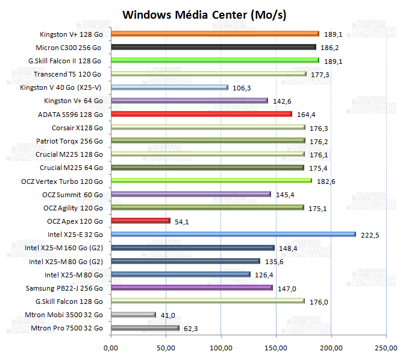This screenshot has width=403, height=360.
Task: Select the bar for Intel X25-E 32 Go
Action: [233, 234]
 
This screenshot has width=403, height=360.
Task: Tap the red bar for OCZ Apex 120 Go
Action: [140, 221]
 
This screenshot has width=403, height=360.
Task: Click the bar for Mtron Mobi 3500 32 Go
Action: [133, 314]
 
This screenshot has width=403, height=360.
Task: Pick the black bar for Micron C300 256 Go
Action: [213, 47]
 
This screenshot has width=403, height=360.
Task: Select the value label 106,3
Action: [241, 88]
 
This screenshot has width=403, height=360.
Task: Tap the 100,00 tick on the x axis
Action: [220, 347]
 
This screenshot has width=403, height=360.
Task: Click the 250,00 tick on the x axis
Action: [386, 347]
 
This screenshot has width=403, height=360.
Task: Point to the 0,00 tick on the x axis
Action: [111, 347]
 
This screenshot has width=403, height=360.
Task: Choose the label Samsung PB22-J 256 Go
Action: [69, 288]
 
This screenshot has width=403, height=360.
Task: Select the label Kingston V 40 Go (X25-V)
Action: [61, 87]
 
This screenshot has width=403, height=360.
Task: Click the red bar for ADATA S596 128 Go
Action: [201, 114]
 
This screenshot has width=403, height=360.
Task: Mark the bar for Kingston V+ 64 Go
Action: [189, 101]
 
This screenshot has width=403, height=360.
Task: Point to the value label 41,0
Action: [168, 315]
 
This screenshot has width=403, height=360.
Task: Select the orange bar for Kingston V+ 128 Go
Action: [215, 34]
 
